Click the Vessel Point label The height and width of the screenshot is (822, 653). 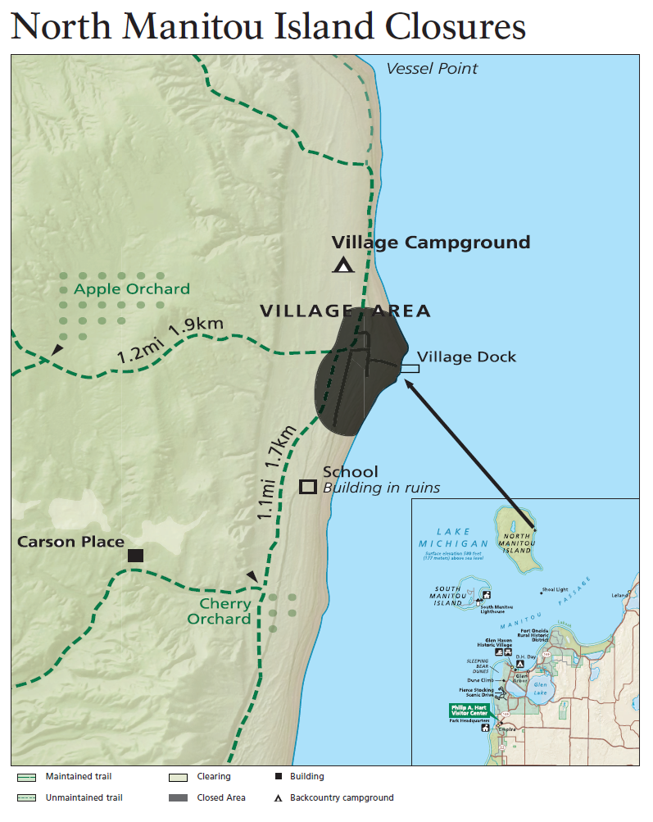[x=432, y=69]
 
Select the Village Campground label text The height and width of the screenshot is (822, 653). [x=430, y=243]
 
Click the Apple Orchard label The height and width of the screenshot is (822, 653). [x=131, y=289]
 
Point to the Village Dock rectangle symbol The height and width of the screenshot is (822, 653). [x=410, y=369]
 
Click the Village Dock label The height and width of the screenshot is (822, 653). [x=467, y=357]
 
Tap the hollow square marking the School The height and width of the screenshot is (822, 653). [x=308, y=487]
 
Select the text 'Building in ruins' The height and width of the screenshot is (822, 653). [x=381, y=488]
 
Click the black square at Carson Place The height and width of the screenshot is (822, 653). [x=136, y=555]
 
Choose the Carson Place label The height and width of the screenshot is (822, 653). [x=71, y=542]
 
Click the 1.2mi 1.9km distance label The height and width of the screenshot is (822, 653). [x=170, y=341]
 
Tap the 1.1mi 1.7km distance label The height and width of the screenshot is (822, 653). [x=274, y=474]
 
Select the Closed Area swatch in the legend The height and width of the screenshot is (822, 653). [x=179, y=797]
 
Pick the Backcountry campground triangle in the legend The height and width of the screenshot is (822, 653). [x=279, y=797]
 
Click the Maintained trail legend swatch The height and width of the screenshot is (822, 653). [x=26, y=776]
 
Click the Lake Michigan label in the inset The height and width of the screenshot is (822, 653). [x=452, y=538]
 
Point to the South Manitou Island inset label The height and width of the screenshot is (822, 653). [x=447, y=596]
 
